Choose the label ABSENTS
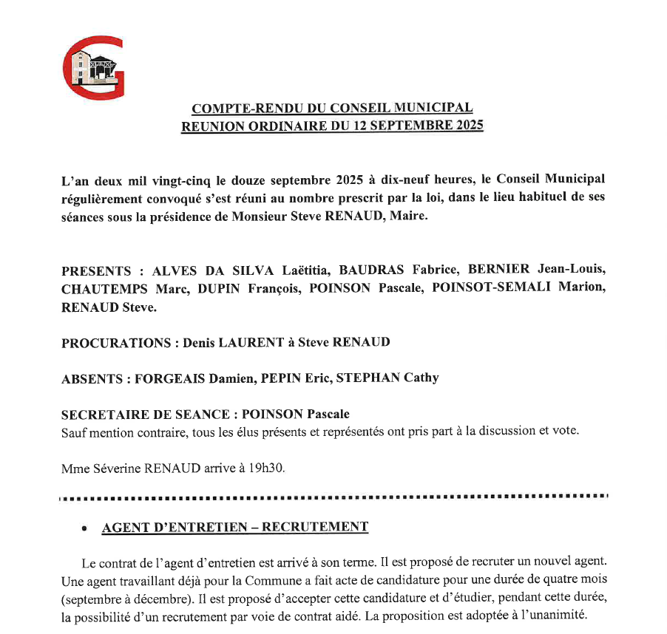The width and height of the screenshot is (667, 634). (x=92, y=378)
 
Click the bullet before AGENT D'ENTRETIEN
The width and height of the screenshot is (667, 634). (x=86, y=529)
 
